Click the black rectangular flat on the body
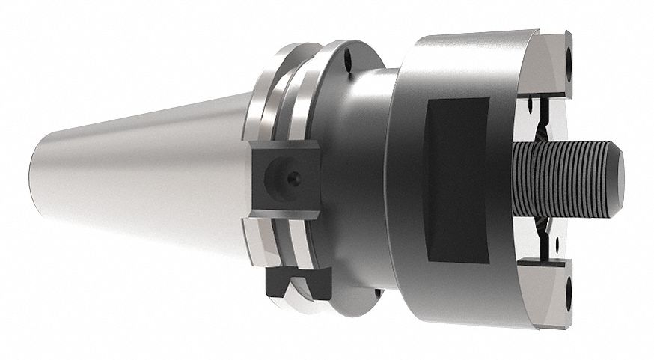pos(456,180)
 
